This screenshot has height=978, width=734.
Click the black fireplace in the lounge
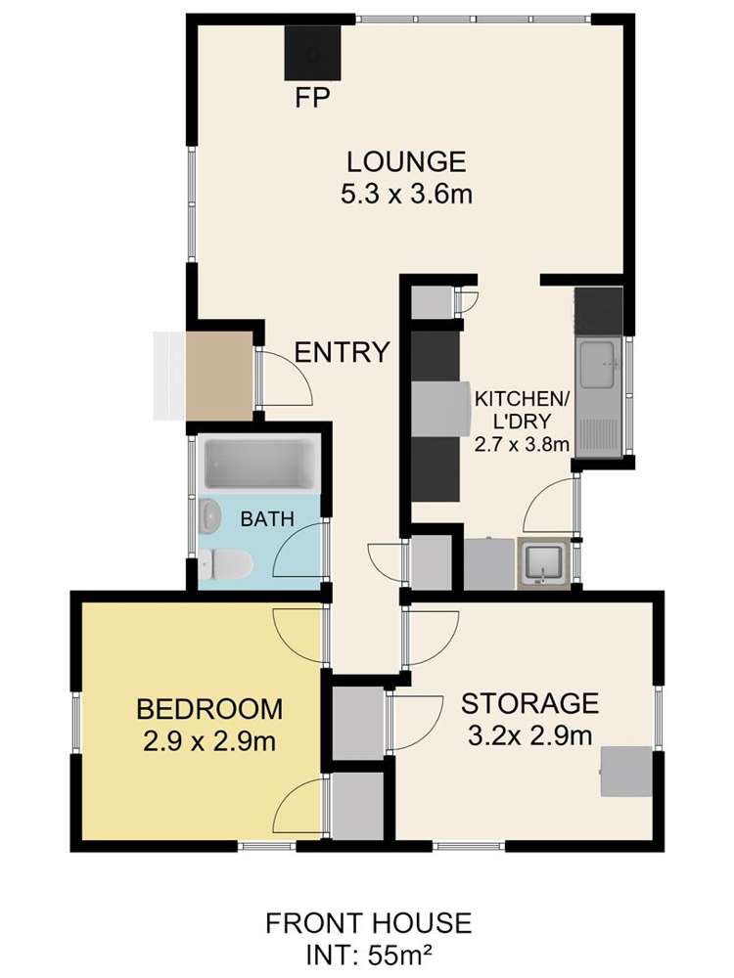tap(313, 53)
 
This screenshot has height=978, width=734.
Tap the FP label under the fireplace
tap(312, 98)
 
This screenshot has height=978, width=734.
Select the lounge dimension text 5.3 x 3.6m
tap(406, 194)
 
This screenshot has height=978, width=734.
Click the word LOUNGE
tap(406, 162)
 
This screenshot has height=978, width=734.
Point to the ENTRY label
tap(342, 352)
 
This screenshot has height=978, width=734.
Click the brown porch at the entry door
tap(219, 376)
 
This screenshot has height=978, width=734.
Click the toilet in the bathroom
tap(225, 563)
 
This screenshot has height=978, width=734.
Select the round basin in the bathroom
tap(210, 516)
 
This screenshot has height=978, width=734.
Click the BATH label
tap(267, 519)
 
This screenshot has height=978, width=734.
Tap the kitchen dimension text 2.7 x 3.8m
tap(522, 445)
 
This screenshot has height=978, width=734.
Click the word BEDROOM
tap(209, 710)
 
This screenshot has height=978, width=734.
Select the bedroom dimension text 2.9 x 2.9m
tap(209, 741)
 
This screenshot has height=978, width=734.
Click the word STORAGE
tap(529, 703)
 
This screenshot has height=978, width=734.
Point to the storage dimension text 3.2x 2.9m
tap(529, 736)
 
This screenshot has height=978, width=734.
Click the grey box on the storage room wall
tap(626, 772)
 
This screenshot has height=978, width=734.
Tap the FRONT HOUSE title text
tap(368, 923)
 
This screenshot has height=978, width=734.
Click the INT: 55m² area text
tap(368, 955)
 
